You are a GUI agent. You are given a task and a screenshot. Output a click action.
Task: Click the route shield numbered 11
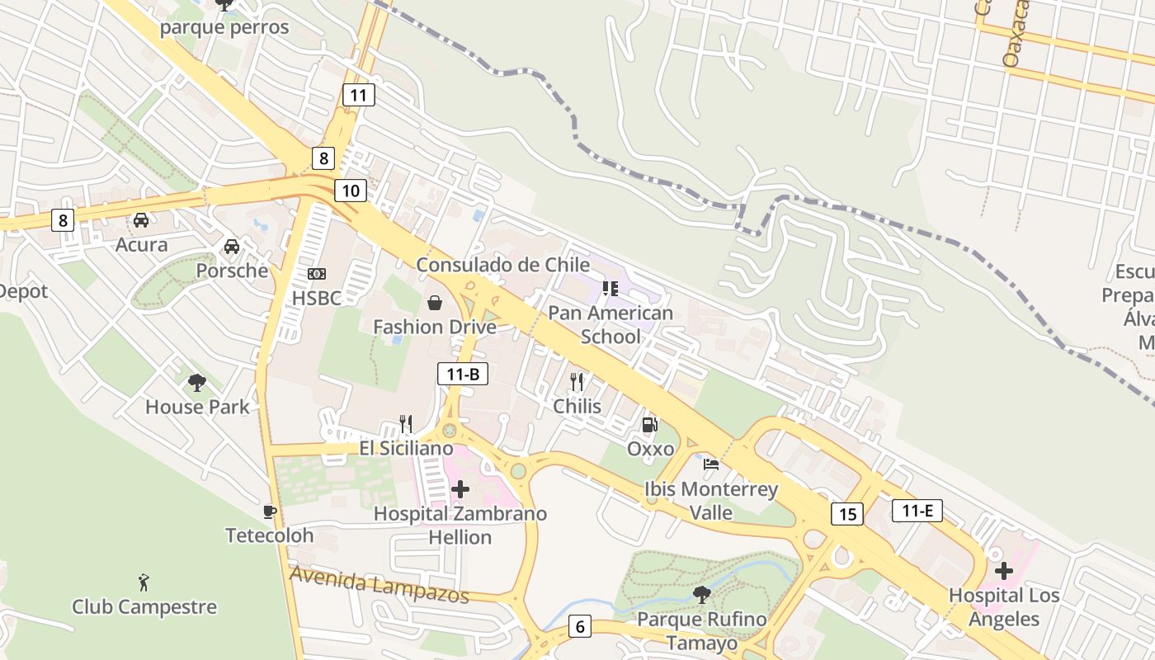[358, 95]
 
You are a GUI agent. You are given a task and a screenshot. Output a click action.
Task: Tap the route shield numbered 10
[351, 191]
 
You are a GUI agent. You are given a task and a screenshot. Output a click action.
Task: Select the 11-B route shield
[463, 375]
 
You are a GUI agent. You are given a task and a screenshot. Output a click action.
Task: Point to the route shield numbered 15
[847, 514]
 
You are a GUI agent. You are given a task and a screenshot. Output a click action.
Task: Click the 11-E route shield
[917, 511]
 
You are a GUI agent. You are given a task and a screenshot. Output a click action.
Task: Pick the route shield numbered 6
[580, 627]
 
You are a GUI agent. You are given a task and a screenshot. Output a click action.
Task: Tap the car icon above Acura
[141, 220]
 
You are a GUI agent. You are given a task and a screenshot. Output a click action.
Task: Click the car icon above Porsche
[232, 247]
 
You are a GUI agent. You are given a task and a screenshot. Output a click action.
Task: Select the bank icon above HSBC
[316, 274]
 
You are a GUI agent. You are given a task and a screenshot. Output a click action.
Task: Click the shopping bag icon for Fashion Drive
[435, 304]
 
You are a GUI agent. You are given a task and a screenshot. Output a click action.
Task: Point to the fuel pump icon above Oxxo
[650, 425]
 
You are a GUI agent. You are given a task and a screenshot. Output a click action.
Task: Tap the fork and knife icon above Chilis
[577, 381]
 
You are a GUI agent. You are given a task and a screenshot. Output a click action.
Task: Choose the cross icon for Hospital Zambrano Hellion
[460, 490]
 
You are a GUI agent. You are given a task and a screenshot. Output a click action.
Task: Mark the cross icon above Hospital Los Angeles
[1003, 571]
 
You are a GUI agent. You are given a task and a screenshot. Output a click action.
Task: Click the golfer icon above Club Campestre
[144, 582]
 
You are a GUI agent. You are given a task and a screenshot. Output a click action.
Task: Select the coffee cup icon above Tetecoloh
[269, 511]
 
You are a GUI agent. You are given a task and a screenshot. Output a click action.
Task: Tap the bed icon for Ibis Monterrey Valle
[710, 464]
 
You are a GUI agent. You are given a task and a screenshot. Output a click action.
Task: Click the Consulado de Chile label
[502, 265]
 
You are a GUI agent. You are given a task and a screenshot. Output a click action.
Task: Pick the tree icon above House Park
[196, 382]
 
